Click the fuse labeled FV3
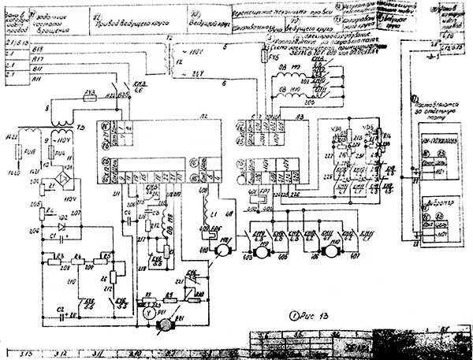(x=89, y=93)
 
